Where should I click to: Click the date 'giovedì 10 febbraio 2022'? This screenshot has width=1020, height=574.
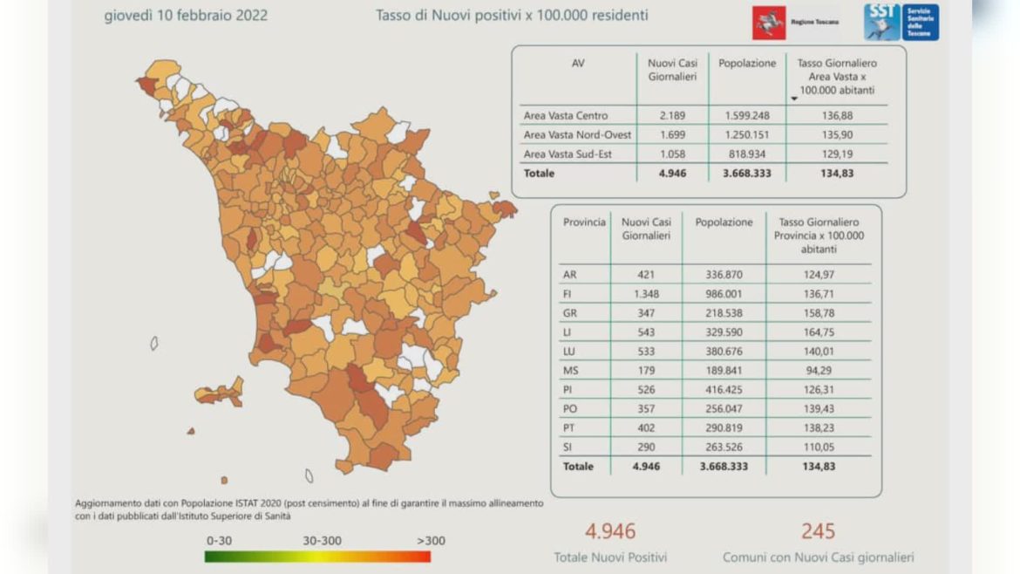pyautogui.click(x=186, y=15)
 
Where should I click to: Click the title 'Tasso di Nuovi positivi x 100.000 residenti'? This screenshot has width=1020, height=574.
pyautogui.click(x=512, y=15)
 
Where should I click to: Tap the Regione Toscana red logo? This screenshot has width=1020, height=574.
pyautogui.click(x=769, y=23)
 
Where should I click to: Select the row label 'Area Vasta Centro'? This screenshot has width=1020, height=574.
pyautogui.click(x=566, y=115)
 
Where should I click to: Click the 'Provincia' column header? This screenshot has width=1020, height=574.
pyautogui.click(x=584, y=222)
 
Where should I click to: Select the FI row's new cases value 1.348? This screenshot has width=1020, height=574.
pyautogui.click(x=645, y=293)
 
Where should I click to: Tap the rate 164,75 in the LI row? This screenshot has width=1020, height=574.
pyautogui.click(x=818, y=331)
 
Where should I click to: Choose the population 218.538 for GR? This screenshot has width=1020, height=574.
pyautogui.click(x=724, y=312)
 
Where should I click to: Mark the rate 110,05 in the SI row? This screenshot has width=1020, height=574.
pyautogui.click(x=818, y=447)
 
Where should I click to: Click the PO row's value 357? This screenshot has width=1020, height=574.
pyautogui.click(x=645, y=408)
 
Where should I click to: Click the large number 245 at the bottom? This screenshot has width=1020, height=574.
pyautogui.click(x=818, y=530)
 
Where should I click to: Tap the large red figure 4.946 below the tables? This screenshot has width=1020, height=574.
pyautogui.click(x=610, y=530)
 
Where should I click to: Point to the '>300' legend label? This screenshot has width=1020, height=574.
pyautogui.click(x=430, y=540)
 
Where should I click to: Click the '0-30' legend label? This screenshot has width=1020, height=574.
pyautogui.click(x=219, y=540)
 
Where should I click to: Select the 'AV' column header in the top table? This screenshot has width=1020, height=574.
pyautogui.click(x=577, y=63)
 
